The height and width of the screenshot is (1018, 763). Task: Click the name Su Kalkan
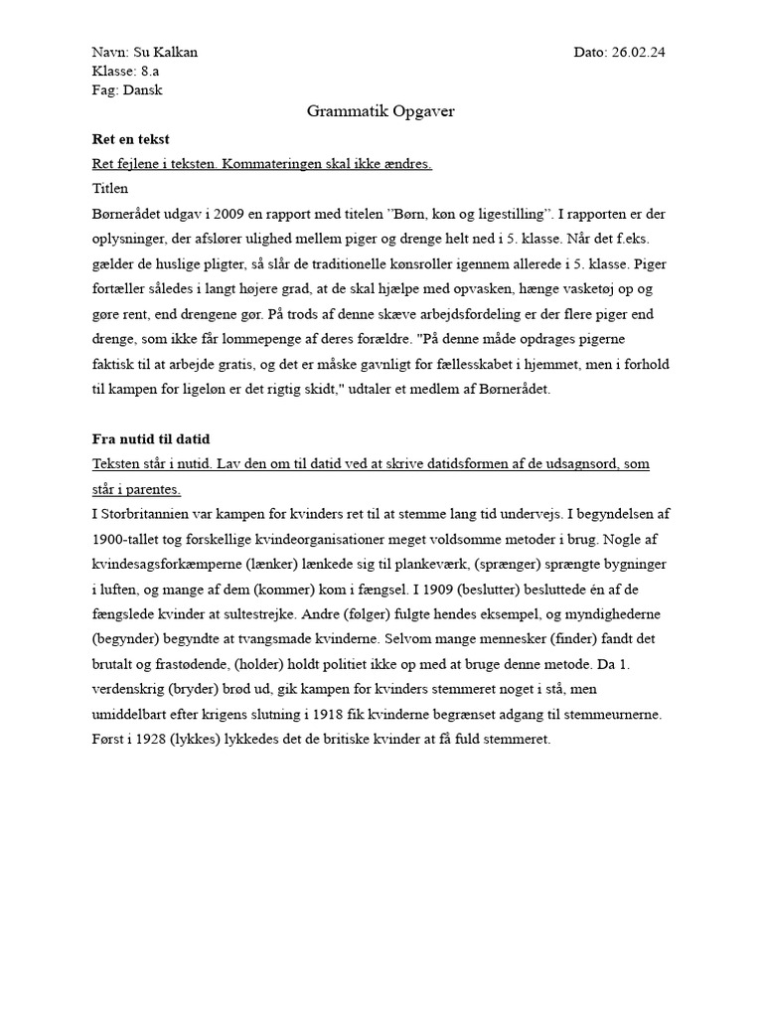coord(172,53)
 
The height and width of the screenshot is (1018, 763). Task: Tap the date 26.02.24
coord(639,53)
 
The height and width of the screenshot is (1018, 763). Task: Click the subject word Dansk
coord(142,90)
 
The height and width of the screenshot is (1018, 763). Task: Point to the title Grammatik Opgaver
coord(381,111)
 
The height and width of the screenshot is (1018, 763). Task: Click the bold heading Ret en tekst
coord(130,139)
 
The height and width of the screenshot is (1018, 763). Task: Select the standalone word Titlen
coord(110,188)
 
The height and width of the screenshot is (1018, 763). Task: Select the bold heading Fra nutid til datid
coord(151,438)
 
